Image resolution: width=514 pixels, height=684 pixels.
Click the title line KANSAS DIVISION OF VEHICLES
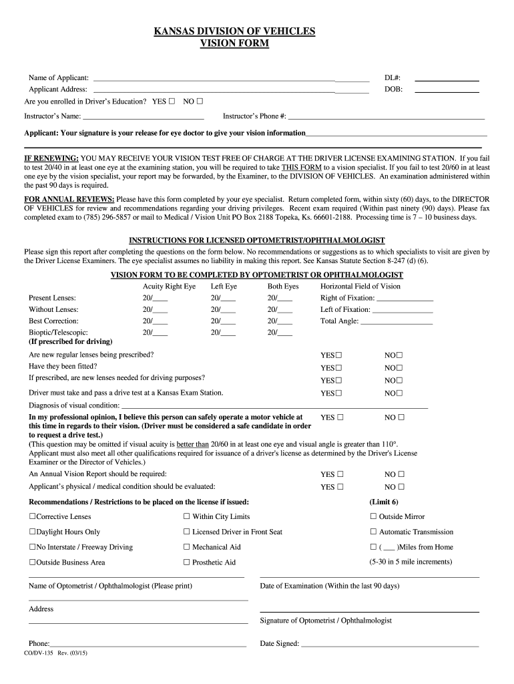234,31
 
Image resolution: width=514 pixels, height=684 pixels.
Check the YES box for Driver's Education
172,102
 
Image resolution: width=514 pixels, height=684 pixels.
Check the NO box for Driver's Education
200,102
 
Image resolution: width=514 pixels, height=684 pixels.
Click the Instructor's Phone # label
254,116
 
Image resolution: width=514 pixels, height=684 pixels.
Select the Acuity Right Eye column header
164,286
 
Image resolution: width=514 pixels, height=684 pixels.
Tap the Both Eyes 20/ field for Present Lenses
284,298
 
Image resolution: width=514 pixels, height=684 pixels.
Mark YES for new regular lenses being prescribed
339,355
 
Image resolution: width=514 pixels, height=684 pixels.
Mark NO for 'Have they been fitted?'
400,367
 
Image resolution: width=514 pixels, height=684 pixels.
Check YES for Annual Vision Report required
340,474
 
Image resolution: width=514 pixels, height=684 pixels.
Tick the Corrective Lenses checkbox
32,516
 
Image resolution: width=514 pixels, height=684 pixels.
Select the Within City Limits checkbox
187,516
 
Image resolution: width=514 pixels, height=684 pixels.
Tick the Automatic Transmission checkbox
374,532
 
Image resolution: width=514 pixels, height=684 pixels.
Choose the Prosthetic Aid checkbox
187,562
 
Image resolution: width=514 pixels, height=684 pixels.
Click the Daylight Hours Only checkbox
32,532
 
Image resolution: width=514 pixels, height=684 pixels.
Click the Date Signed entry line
391,645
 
